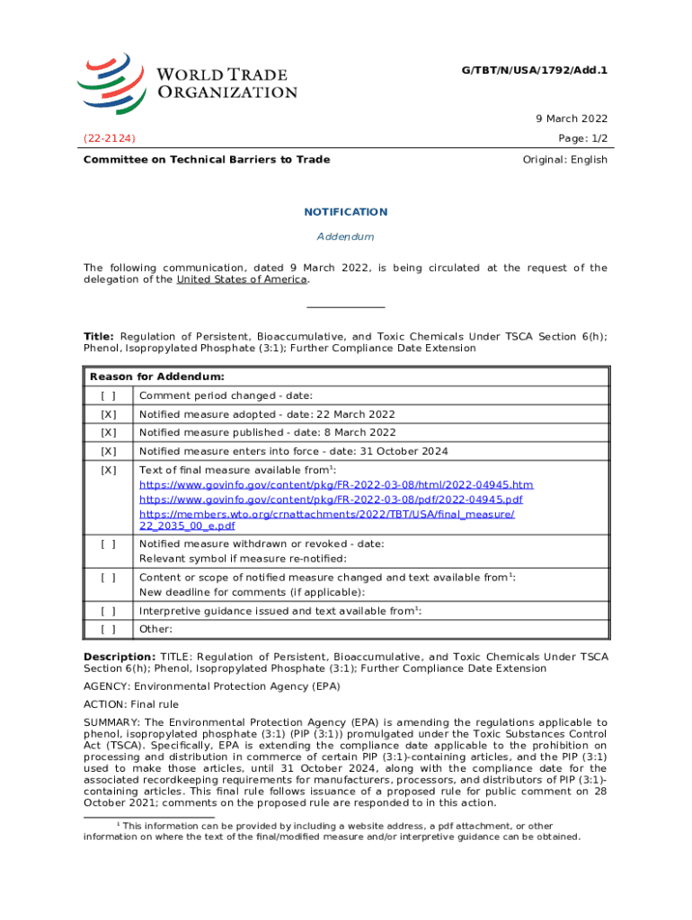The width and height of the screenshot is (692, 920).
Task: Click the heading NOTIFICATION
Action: [346, 212]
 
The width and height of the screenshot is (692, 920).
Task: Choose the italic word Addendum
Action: [345, 236]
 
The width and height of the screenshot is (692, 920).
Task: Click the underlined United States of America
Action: [242, 279]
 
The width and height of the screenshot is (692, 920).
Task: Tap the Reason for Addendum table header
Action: [157, 376]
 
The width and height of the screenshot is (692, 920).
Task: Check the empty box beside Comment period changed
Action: [109, 396]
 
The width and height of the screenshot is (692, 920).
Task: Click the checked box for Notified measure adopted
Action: [109, 415]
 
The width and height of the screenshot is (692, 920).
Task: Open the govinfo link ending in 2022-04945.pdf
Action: [332, 500]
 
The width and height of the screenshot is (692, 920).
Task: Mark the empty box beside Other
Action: [109, 630]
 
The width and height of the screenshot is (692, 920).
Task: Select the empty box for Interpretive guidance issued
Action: [109, 611]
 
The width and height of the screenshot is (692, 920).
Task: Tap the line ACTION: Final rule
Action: [130, 704]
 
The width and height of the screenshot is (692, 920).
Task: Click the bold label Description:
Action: [120, 657]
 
